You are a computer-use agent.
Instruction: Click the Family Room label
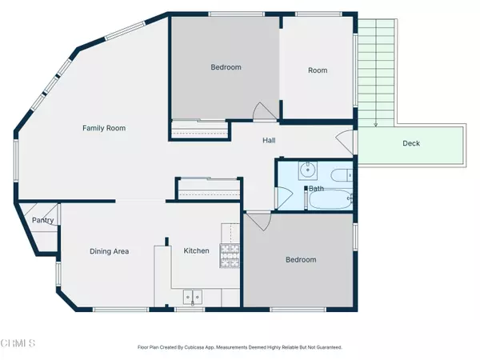104,128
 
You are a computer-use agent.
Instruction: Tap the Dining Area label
109,251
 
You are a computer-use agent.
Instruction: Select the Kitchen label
196,250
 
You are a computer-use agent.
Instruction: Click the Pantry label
42,221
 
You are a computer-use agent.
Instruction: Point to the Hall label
270,141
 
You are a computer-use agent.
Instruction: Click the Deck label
410,144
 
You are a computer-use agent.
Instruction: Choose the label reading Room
318,70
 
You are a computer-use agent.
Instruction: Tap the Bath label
316,189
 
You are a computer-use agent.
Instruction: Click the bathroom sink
306,170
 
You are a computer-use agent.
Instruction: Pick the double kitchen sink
192,297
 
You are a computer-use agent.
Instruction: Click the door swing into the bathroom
282,196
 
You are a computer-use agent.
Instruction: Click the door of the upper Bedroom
260,113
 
